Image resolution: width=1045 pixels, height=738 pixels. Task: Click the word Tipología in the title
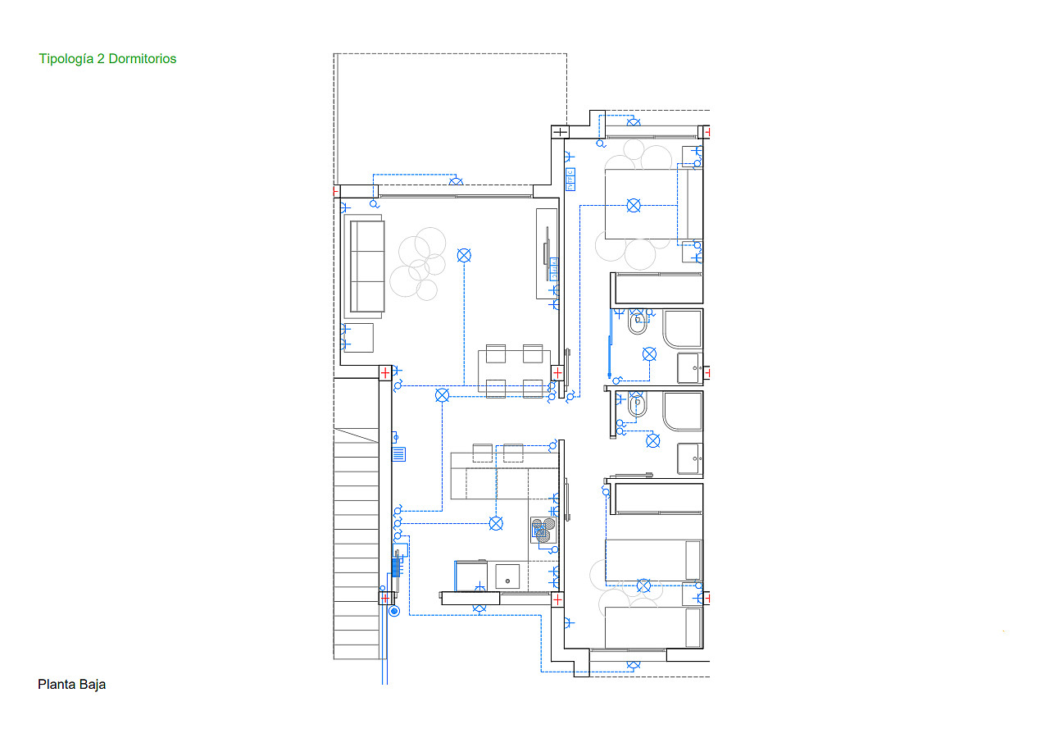(66, 59)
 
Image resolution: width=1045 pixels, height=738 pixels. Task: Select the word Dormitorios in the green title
(143, 59)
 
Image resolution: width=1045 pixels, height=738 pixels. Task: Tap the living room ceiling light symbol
(464, 256)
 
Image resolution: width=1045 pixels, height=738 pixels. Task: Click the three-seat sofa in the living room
(367, 266)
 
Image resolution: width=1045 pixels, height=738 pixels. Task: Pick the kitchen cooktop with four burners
(543, 530)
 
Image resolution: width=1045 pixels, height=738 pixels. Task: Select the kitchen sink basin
(507, 577)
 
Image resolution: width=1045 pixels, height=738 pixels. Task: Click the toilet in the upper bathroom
(638, 322)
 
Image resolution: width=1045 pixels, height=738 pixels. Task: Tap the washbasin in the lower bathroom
(690, 458)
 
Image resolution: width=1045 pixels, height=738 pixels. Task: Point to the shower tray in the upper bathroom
(683, 330)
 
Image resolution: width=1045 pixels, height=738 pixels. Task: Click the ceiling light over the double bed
(634, 205)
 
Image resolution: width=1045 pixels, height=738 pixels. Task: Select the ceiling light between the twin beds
(643, 585)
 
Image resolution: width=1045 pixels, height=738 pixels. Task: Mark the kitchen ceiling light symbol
(496, 524)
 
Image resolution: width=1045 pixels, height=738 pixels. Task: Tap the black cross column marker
(560, 132)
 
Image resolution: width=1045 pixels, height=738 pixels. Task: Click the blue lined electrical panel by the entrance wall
(399, 454)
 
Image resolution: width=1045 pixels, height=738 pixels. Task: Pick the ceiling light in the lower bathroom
(653, 440)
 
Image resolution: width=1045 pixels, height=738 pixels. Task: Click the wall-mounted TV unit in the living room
(547, 253)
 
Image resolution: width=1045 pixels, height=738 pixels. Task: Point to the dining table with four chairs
(514, 371)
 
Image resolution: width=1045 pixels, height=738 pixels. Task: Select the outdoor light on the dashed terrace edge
(456, 180)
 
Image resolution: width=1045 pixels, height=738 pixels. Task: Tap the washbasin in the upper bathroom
(690, 368)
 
